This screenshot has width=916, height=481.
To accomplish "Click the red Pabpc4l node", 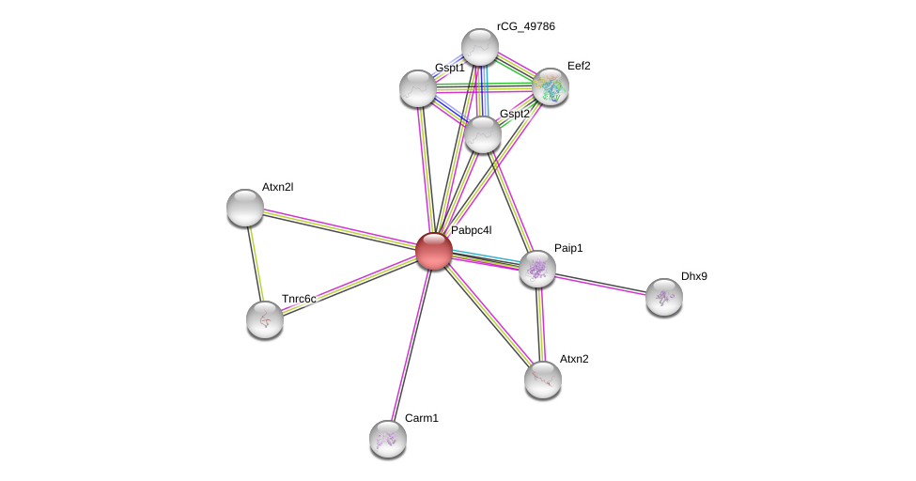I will click(434, 251).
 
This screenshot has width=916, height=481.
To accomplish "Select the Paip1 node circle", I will click(537, 270).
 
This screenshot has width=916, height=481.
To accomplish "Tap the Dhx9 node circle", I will click(664, 297).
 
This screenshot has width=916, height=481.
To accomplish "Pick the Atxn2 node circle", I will click(543, 380).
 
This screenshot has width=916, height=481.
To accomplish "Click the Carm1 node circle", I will click(388, 439).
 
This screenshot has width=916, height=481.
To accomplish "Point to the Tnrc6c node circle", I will click(265, 319).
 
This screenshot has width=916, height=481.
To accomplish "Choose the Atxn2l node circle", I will click(245, 208).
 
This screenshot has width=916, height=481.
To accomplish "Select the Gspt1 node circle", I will click(418, 88).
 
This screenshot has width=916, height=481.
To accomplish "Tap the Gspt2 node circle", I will click(483, 134).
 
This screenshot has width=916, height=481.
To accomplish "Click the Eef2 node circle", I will click(551, 86).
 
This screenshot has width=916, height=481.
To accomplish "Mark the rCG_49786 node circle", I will click(480, 47).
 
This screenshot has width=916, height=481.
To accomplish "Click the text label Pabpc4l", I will click(471, 230).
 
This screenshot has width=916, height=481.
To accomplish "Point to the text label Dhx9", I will click(694, 276).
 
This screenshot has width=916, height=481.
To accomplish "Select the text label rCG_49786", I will click(526, 26).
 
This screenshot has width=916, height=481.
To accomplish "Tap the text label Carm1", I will click(422, 418).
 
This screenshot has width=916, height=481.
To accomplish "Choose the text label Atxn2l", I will click(277, 187).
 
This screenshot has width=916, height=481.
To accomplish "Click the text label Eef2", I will click(579, 66).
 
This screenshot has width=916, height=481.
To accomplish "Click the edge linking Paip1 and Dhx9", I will click(601, 284).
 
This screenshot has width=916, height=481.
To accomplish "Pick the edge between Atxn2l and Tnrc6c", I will click(255, 263).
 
